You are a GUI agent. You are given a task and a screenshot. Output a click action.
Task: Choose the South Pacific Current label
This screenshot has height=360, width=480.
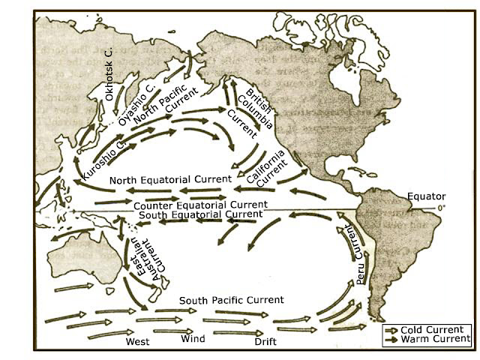(x=231, y=300)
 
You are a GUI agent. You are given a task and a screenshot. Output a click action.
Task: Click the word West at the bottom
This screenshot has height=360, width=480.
(x=137, y=341)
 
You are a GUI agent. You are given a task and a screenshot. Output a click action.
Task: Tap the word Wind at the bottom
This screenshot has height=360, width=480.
(x=193, y=339)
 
